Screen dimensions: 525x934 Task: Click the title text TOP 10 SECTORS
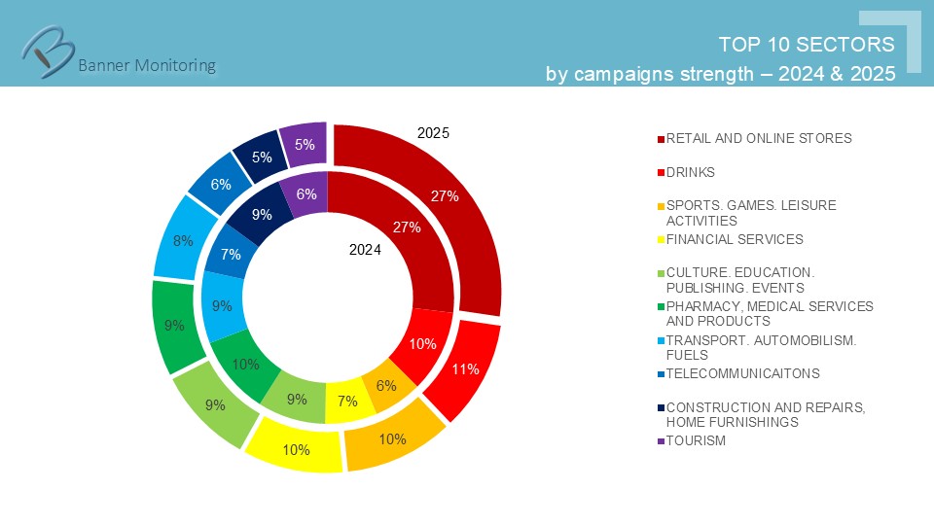806,45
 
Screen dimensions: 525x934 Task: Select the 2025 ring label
433,133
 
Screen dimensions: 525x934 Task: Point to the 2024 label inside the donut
365,250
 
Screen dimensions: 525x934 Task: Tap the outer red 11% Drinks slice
465,369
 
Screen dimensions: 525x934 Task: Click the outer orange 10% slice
392,438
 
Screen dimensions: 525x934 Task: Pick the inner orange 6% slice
387,386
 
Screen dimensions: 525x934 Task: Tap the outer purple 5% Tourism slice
304,145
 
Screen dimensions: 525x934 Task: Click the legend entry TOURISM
695,440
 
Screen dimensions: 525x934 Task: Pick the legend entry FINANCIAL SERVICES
734,239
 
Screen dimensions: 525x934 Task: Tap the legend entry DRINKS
690,172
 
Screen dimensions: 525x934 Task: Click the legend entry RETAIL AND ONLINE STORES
758,138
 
